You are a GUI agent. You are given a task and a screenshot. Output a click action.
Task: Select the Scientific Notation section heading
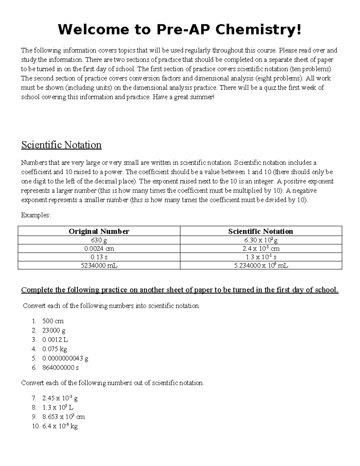(61, 145)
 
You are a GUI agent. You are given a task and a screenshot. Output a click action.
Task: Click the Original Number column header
(99, 231)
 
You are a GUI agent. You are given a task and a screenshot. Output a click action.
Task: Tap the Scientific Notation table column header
(260, 231)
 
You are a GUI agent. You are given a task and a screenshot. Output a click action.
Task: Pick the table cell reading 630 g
(99, 240)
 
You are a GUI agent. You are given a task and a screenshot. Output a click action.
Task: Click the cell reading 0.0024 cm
(99, 248)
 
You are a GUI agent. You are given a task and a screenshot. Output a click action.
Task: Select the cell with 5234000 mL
(99, 265)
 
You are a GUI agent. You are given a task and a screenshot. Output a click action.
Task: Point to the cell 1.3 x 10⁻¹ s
(261, 257)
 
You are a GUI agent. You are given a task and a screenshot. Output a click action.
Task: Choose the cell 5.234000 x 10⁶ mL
(261, 265)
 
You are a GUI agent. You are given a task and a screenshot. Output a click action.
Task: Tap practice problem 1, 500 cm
(53, 321)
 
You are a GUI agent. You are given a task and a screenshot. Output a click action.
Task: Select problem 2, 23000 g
(54, 330)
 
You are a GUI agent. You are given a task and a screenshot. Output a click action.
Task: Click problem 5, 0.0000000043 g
(65, 358)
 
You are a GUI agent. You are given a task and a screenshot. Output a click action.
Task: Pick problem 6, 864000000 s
(60, 368)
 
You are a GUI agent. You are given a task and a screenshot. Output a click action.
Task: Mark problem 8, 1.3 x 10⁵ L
(58, 407)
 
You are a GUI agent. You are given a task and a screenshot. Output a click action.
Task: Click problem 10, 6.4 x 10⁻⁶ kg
(60, 426)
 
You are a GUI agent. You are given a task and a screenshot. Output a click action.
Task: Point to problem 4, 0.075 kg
(55, 349)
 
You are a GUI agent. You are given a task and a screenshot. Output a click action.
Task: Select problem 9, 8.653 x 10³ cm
(63, 417)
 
